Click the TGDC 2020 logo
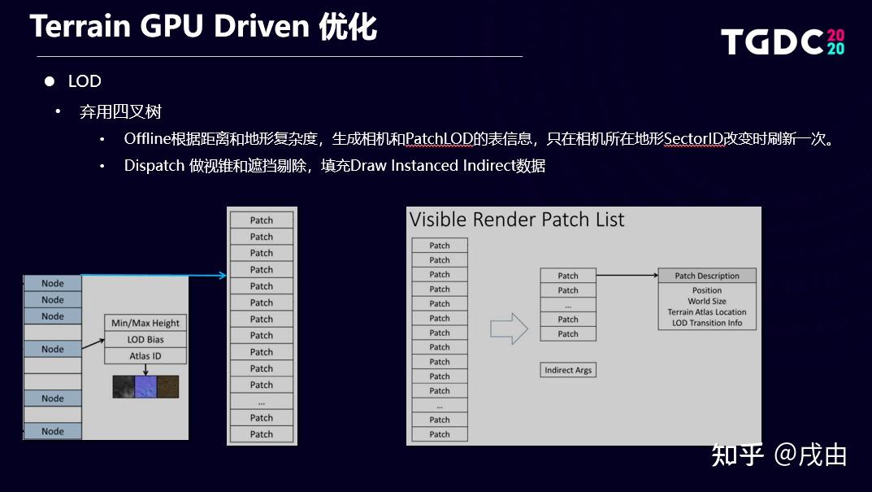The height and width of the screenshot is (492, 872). click(783, 41)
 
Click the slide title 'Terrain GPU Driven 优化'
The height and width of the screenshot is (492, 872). click(203, 27)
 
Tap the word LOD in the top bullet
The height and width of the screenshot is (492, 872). click(85, 81)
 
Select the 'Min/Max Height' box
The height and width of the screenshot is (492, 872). click(145, 323)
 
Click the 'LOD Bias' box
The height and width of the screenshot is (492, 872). click(145, 340)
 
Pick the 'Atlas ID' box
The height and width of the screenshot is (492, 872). click(145, 356)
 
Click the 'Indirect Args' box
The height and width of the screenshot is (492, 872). click(568, 370)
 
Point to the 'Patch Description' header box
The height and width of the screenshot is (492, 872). click(707, 276)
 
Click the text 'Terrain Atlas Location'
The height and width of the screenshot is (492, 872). click(707, 312)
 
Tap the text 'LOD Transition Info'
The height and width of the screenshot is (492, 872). click(707, 323)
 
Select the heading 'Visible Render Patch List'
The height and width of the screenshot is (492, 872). click(517, 220)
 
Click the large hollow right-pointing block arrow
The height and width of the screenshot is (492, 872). click(509, 329)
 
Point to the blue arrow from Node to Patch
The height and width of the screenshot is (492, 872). click(154, 276)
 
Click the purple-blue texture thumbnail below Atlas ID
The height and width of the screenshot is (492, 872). click(145, 386)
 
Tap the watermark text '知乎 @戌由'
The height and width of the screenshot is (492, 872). click(779, 455)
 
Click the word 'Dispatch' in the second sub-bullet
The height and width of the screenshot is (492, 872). click(154, 166)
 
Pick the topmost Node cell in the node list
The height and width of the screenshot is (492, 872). click(53, 283)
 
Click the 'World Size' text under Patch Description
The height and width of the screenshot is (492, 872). click(707, 301)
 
